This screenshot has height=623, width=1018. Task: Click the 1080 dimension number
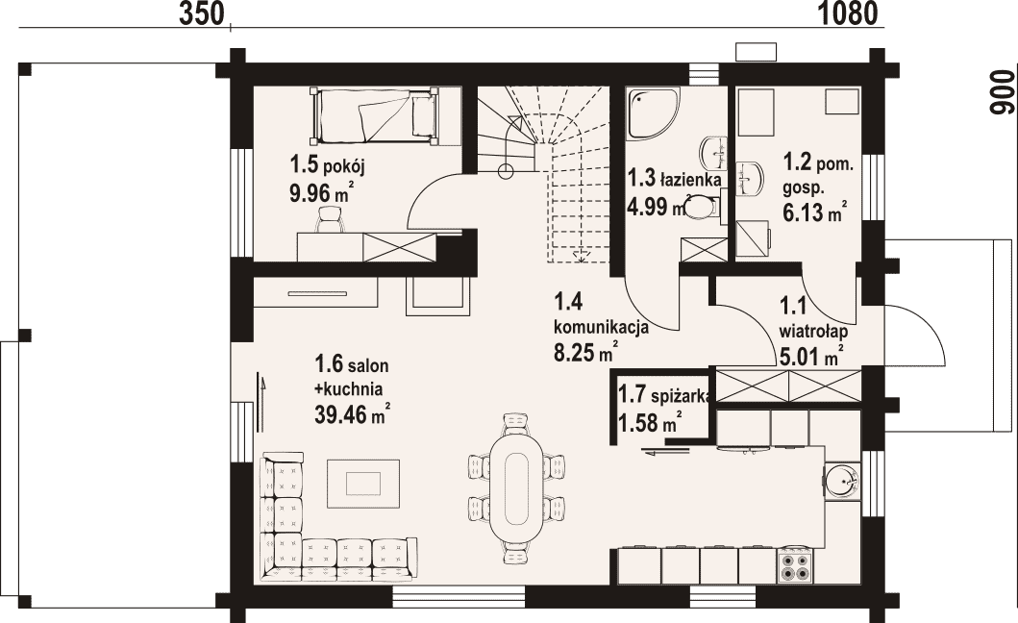[847, 13]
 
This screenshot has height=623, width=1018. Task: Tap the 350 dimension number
[202, 13]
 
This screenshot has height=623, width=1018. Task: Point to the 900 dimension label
[1001, 92]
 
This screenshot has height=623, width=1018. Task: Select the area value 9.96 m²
[321, 193]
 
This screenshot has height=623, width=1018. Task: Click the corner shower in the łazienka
[653, 113]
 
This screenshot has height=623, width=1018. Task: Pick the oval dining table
[516, 487]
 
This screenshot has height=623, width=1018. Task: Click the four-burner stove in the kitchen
[794, 564]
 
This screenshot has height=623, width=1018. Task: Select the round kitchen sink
[842, 482]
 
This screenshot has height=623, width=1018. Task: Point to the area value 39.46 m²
[353, 413]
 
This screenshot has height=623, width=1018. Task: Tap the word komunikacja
[601, 326]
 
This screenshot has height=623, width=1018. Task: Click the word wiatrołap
[813, 332]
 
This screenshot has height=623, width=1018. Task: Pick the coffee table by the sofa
[363, 484]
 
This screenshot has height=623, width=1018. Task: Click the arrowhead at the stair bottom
[581, 256]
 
